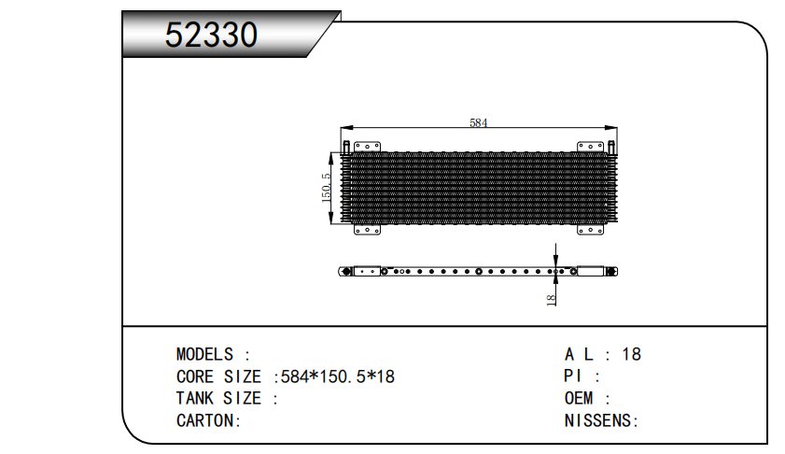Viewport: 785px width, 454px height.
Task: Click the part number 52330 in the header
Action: (x=211, y=35)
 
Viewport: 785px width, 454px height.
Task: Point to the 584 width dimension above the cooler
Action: (x=478, y=122)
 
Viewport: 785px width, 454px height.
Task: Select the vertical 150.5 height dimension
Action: (x=326, y=188)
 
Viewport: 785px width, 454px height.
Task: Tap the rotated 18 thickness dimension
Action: (x=551, y=300)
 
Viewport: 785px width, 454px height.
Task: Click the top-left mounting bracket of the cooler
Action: (x=367, y=147)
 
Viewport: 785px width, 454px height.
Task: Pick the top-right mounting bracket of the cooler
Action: (x=590, y=147)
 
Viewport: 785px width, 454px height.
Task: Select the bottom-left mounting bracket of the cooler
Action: (x=367, y=230)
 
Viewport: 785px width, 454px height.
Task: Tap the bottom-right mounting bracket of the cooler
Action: (x=590, y=230)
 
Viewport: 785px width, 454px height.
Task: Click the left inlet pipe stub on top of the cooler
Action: (x=346, y=147)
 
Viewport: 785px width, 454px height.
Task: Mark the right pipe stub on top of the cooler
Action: (x=611, y=147)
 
